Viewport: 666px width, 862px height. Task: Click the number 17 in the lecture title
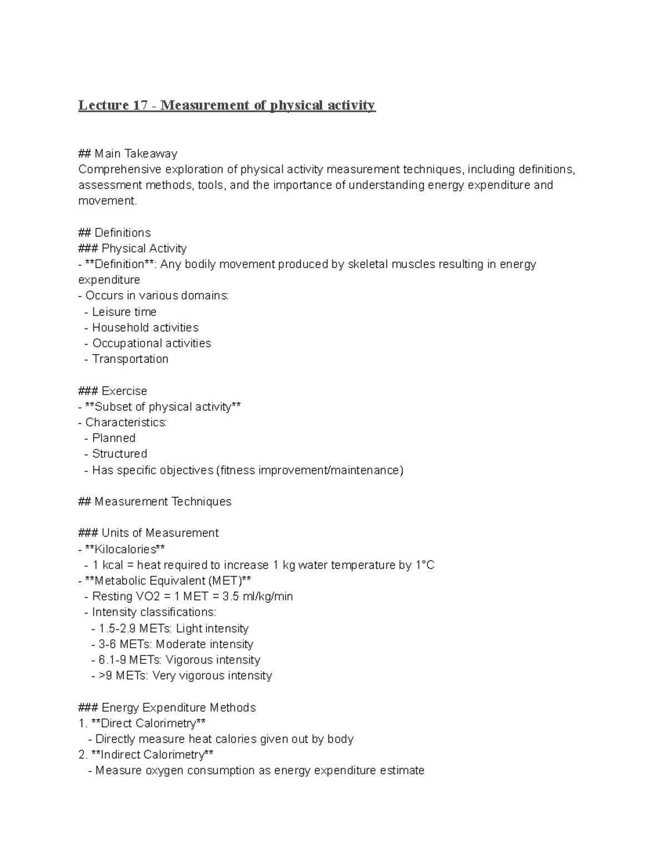(x=140, y=105)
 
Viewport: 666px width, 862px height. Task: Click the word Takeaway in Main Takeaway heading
(x=150, y=154)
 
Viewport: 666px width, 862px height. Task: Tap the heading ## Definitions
(x=114, y=233)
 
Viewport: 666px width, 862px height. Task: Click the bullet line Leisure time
(x=124, y=312)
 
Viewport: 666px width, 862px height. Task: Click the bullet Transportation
(x=130, y=359)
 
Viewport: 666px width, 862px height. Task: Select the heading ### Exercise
(x=113, y=391)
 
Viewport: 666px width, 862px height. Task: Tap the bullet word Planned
(x=114, y=438)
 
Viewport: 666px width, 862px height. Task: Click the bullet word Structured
(x=119, y=454)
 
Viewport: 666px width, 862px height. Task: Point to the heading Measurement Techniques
(x=163, y=502)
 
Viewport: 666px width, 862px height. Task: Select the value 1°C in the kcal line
(x=425, y=565)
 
